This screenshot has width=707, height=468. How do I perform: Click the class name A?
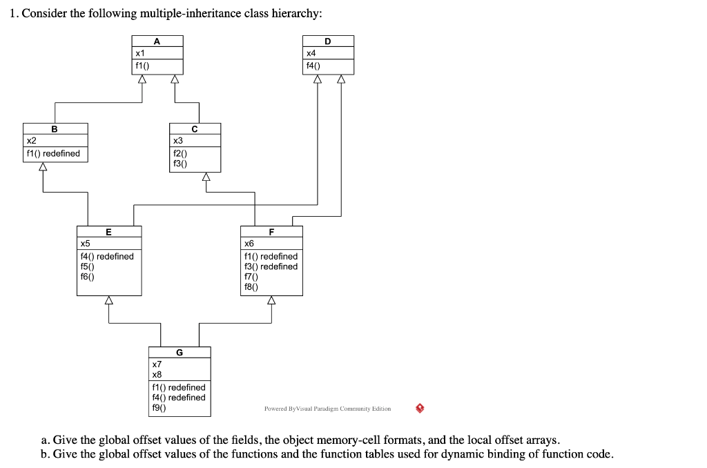157,41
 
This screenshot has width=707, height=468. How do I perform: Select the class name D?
328,41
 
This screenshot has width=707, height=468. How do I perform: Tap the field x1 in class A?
140,53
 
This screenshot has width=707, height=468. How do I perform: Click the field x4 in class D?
311,53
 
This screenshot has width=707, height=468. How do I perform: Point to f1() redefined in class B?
52,153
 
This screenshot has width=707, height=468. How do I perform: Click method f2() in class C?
180,153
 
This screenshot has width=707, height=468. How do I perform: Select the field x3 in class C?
177,140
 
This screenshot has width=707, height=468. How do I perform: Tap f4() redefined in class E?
107,256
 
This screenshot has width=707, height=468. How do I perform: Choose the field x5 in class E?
85,243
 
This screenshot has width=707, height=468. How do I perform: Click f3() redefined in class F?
271,266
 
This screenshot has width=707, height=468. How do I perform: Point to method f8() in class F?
251,286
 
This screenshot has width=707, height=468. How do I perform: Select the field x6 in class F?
249,243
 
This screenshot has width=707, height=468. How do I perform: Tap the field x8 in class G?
157,374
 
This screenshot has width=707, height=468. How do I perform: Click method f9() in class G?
159,407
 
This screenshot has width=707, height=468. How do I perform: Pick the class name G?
180,353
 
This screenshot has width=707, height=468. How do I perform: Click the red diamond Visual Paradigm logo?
420,408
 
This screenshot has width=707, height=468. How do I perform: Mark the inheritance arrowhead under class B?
43,166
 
